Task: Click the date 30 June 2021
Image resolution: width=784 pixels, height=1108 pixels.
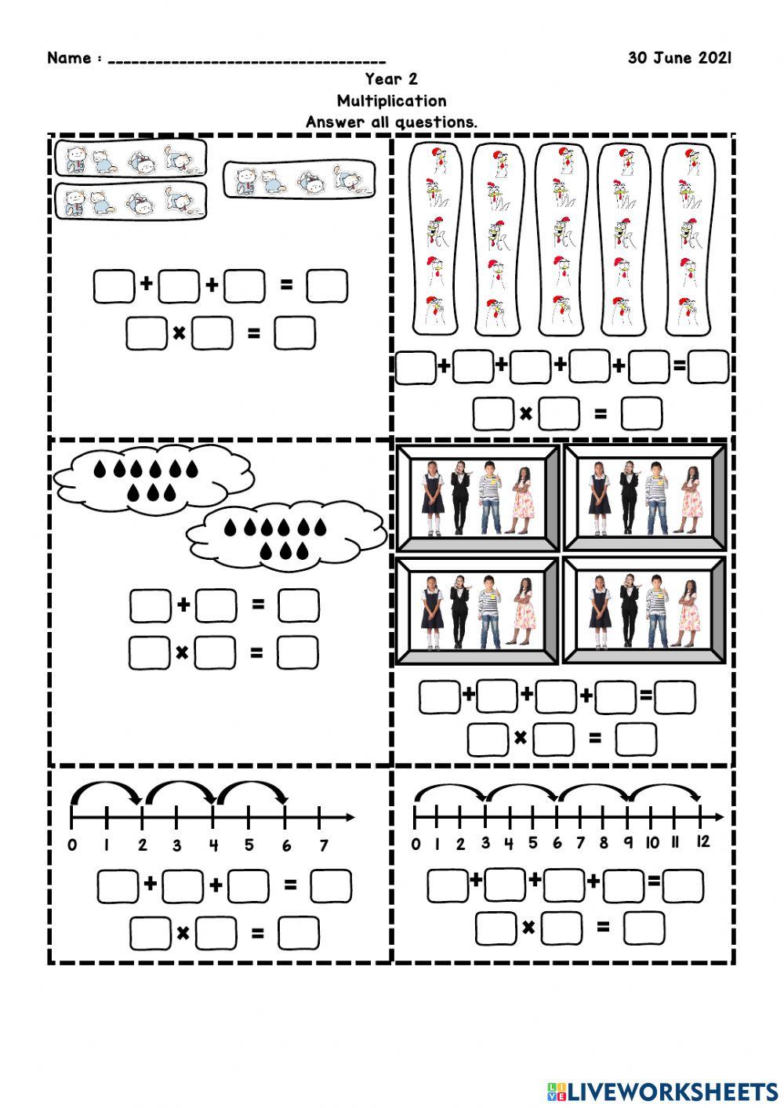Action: pyautogui.click(x=679, y=58)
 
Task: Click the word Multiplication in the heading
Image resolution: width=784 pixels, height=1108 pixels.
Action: pyautogui.click(x=392, y=100)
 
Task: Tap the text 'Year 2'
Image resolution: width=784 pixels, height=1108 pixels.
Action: pyautogui.click(x=391, y=79)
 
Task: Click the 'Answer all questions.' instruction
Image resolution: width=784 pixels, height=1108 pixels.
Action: pyautogui.click(x=391, y=122)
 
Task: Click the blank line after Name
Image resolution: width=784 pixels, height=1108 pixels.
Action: pyautogui.click(x=246, y=61)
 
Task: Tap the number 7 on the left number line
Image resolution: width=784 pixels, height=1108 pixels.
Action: pyautogui.click(x=323, y=845)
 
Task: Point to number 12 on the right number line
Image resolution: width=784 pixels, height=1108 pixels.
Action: pyautogui.click(x=702, y=842)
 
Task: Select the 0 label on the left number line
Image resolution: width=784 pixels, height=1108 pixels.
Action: pyautogui.click(x=72, y=845)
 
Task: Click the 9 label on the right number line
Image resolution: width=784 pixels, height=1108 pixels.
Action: pyautogui.click(x=628, y=843)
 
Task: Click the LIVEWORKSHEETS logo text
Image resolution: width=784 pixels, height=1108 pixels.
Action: pyautogui.click(x=672, y=1091)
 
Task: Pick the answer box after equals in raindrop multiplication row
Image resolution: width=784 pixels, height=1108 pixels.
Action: pyautogui.click(x=298, y=652)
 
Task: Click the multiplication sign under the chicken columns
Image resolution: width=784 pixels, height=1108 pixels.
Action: pyautogui.click(x=525, y=413)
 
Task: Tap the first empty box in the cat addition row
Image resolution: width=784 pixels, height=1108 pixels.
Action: pyautogui.click(x=114, y=286)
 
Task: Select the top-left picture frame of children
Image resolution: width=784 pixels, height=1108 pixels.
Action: pyautogui.click(x=477, y=498)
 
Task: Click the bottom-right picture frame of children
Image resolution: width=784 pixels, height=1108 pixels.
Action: pyautogui.click(x=645, y=609)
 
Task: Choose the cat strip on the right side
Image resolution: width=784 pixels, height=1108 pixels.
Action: pyautogui.click(x=299, y=180)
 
